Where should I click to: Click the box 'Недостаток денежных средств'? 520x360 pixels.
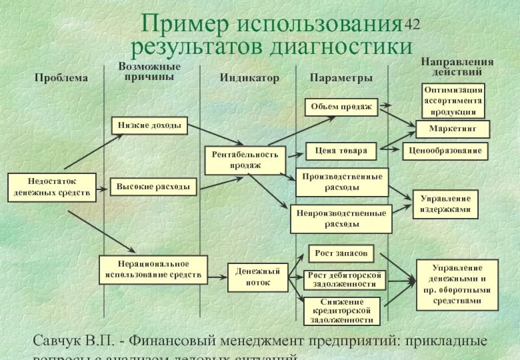(x=52, y=186)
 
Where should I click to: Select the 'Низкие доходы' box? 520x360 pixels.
(x=149, y=125)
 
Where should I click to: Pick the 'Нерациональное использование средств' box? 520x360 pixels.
(x=153, y=270)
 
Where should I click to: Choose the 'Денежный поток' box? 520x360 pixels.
(x=257, y=277)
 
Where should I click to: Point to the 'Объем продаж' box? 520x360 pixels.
(x=341, y=107)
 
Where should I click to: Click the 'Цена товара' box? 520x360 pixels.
(x=341, y=151)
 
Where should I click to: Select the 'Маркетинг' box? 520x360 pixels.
(x=452, y=129)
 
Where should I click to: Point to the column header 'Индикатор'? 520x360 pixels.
(x=249, y=78)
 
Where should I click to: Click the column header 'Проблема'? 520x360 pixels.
(x=60, y=78)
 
